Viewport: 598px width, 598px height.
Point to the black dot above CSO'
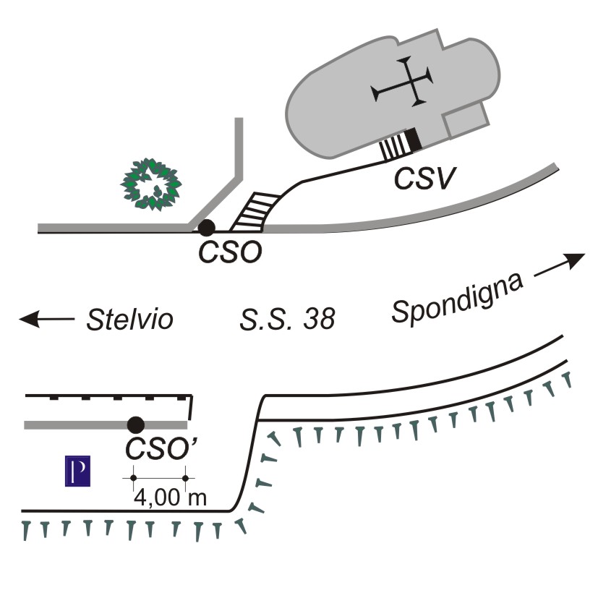tap(135, 424)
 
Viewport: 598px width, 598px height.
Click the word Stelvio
tap(130, 319)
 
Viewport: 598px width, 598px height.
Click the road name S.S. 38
tap(287, 319)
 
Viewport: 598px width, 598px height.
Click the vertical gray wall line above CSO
tap(238, 145)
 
